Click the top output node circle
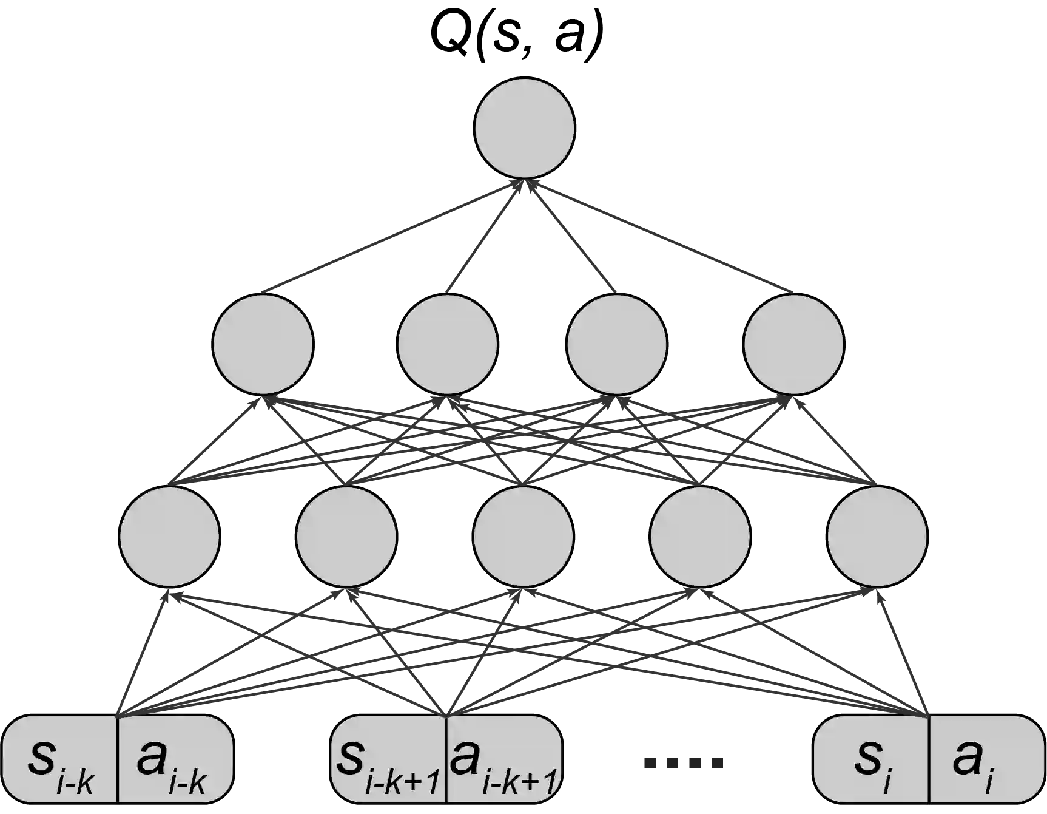pos(524,128)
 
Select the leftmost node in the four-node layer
pos(263,343)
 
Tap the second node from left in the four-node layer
pos(447,343)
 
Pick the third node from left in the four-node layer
pos(616,343)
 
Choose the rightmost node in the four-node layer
pos(793,343)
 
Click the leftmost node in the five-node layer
pos(169,536)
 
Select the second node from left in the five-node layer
pos(346,536)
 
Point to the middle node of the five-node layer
pos(523,536)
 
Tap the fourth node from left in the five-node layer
pos(700,536)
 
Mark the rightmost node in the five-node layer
pos(877,536)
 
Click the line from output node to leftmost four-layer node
pos(388,240)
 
